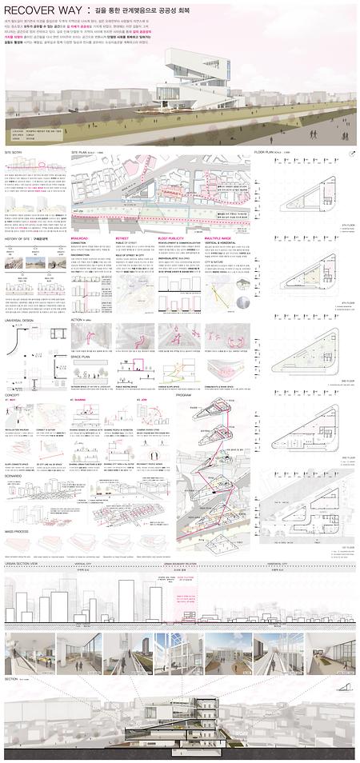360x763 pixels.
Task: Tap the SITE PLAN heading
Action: coord(84,150)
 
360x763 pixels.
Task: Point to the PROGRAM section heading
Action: coord(184,394)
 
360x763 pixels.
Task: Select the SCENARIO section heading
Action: coord(15,474)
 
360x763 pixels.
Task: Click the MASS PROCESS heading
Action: coord(18,530)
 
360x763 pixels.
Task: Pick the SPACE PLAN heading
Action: coord(82,356)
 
